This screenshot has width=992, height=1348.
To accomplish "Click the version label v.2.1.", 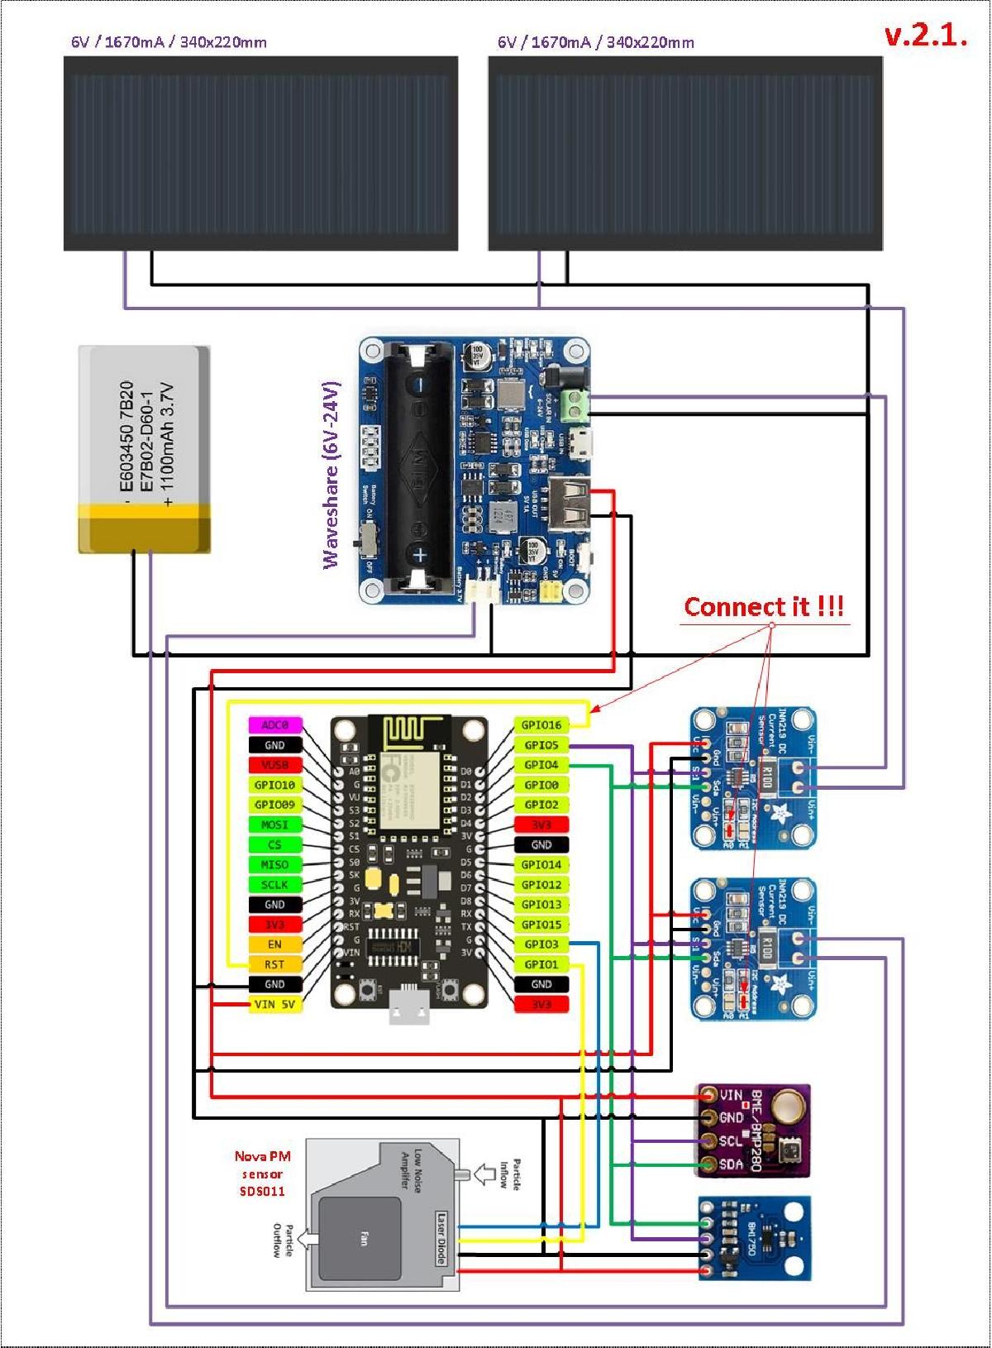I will [x=925, y=35].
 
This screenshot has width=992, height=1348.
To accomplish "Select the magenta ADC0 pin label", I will [x=274, y=725].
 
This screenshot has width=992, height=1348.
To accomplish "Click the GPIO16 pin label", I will [x=541, y=725].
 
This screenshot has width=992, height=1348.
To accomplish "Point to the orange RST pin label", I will [x=274, y=964].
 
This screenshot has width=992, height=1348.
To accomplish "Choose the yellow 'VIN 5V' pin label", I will [x=274, y=1004].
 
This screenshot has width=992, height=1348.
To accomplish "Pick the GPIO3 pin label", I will [x=541, y=944].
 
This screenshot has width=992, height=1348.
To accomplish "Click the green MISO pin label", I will [x=274, y=864].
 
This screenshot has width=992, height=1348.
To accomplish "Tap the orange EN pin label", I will [x=274, y=944].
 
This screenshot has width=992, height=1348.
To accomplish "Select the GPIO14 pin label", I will [x=541, y=864].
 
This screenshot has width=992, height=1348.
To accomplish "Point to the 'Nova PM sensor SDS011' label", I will [x=263, y=1174].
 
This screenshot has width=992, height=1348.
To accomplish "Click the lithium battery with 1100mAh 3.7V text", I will [x=145, y=449].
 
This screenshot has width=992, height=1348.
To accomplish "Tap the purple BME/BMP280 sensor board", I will [x=752, y=1131].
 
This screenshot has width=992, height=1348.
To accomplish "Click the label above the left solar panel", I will [x=169, y=42].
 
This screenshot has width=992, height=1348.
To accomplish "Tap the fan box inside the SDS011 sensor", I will [x=363, y=1238].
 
